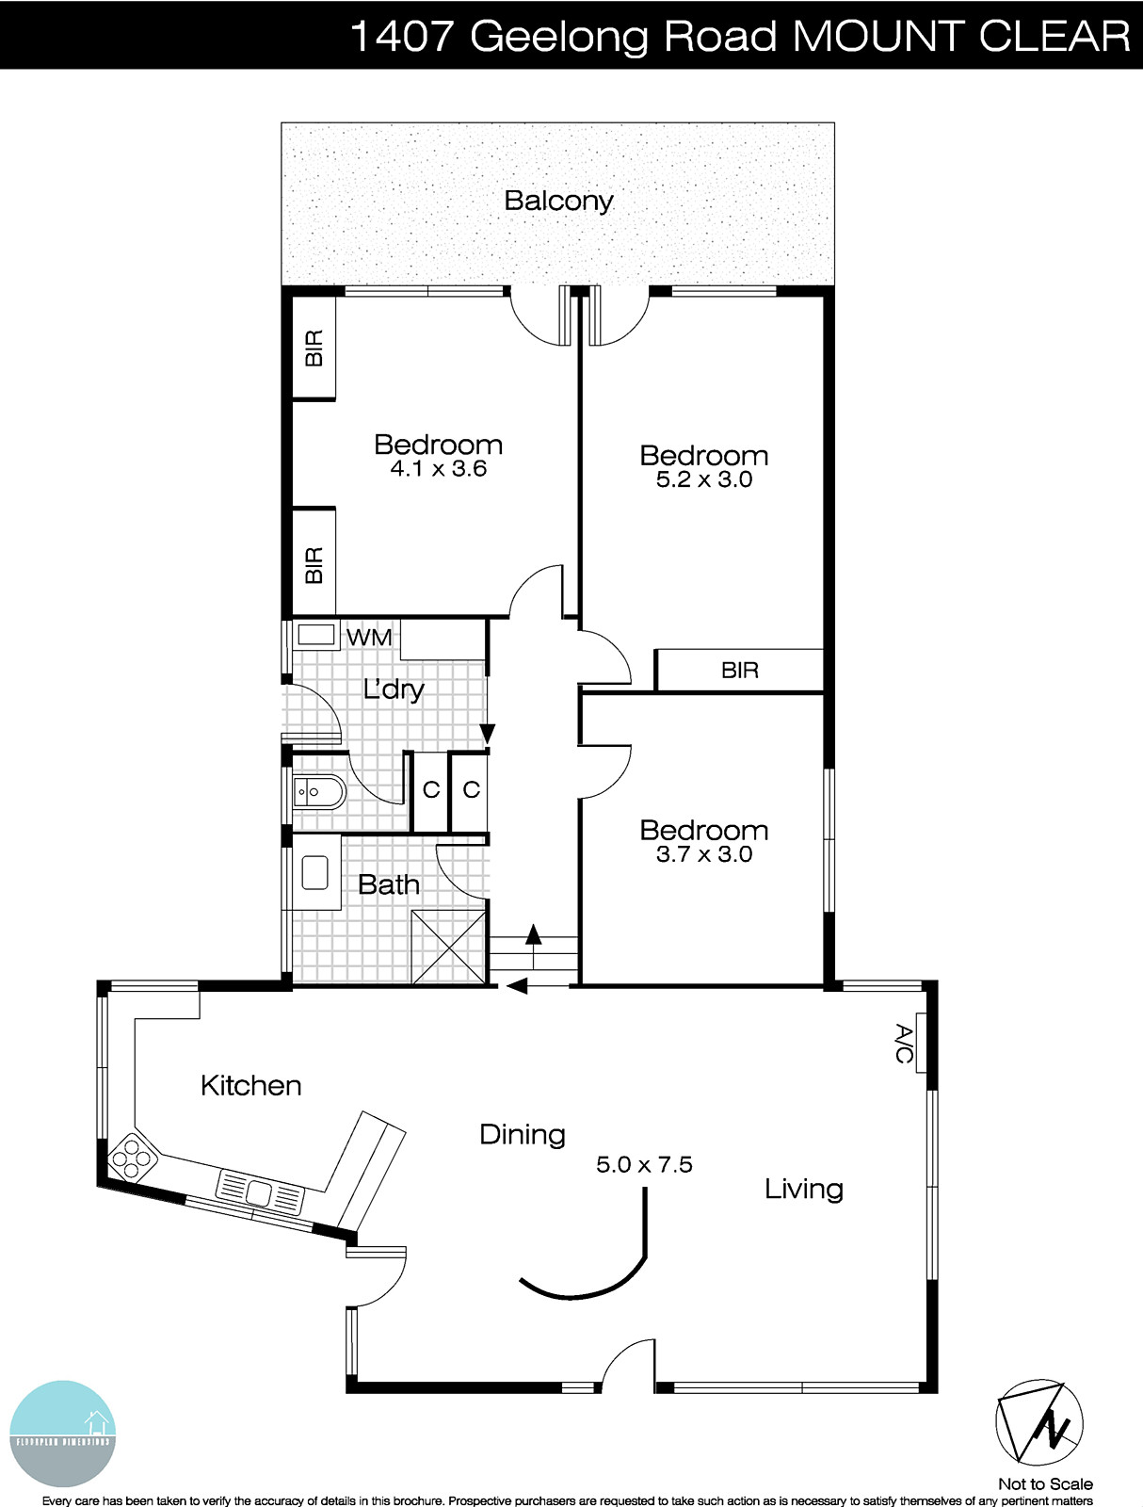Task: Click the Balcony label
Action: tap(558, 201)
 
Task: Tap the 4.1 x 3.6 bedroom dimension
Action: tap(438, 469)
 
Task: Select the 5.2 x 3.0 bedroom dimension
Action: tap(703, 479)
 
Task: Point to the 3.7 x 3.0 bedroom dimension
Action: tap(703, 854)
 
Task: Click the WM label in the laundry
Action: tap(369, 638)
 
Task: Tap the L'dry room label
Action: tap(394, 689)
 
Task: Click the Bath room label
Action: tap(389, 885)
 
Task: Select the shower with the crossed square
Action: tap(447, 947)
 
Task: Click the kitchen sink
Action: tap(260, 1193)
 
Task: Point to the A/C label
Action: tap(903, 1044)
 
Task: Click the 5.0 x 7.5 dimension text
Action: tap(644, 1165)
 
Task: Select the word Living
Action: tap(803, 1189)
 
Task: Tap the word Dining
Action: tap(522, 1134)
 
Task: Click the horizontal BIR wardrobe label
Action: tap(739, 671)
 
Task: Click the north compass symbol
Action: tap(1039, 1423)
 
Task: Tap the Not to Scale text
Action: tap(1045, 1483)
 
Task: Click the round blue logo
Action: tap(62, 1434)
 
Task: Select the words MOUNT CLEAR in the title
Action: tap(960, 36)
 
